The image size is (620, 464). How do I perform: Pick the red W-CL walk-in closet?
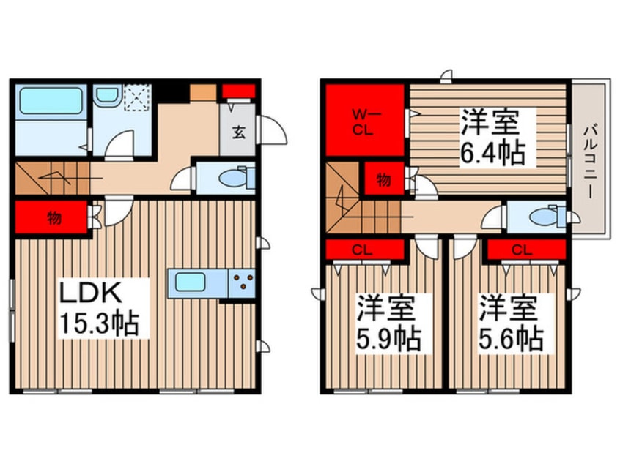coord(364,120)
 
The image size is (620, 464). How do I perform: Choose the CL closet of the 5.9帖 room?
coord(364,250)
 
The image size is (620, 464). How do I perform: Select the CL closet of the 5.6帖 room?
coord(522,250)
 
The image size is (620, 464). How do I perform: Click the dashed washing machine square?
coord(136,98)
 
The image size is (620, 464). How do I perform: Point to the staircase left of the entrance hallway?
coord(51,179)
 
